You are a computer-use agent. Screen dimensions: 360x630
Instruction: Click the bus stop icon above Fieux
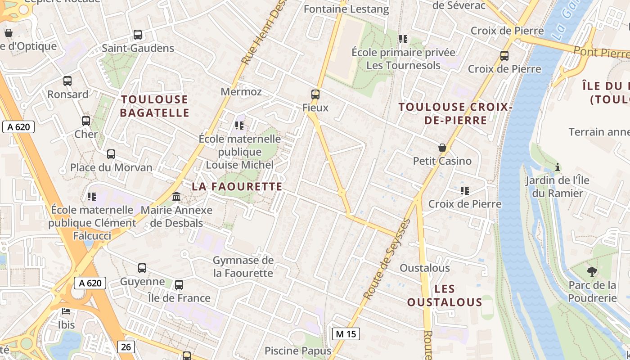pyautogui.click(x=315, y=94)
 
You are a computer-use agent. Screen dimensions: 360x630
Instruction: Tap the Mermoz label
pyautogui.click(x=241, y=92)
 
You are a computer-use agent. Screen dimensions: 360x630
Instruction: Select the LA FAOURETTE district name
pyautogui.click(x=237, y=186)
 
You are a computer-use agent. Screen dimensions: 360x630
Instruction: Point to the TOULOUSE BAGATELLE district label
pyautogui.click(x=154, y=106)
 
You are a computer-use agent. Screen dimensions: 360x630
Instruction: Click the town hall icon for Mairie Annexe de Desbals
pyautogui.click(x=176, y=197)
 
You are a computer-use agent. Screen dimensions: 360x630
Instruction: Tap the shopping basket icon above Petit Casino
pyautogui.click(x=442, y=148)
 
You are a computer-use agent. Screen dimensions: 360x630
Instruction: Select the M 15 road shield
pyautogui.click(x=346, y=334)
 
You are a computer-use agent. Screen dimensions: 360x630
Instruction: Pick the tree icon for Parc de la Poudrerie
pyautogui.click(x=592, y=271)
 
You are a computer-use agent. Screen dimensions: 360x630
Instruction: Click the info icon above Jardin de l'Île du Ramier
pyautogui.click(x=558, y=167)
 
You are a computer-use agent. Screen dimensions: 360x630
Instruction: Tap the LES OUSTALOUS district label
pyautogui.click(x=445, y=295)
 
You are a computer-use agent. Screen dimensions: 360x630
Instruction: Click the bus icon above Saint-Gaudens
pyautogui.click(x=138, y=34)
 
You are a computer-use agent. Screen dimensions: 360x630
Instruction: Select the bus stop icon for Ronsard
pyautogui.click(x=67, y=81)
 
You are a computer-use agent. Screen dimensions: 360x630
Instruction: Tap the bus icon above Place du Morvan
pyautogui.click(x=111, y=154)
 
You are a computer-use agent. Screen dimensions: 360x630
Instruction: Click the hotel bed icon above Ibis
pyautogui.click(x=66, y=311)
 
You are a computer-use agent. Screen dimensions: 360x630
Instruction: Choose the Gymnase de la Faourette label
pyautogui.click(x=243, y=266)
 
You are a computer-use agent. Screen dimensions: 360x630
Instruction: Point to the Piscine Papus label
pyautogui.click(x=298, y=351)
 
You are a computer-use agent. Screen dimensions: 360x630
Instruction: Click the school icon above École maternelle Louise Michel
pyautogui.click(x=239, y=126)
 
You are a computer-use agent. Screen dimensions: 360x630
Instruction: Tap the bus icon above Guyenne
pyautogui.click(x=142, y=268)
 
